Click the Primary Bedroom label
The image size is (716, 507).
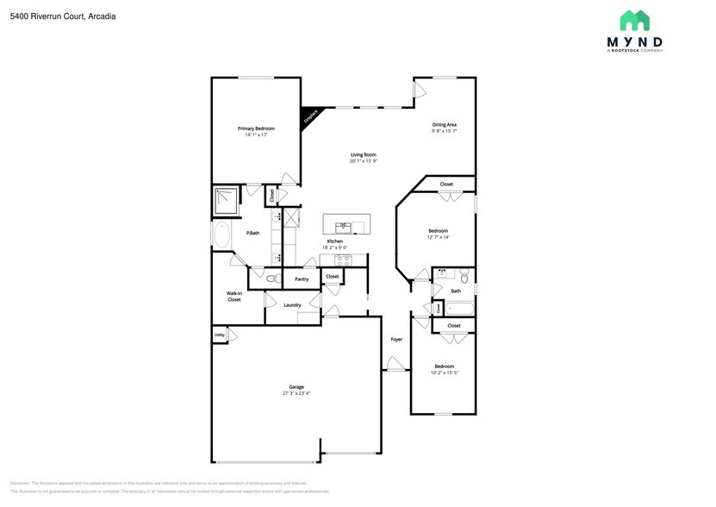click(x=256, y=128)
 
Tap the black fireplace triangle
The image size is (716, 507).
click(x=309, y=116)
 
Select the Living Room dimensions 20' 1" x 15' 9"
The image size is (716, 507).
click(x=363, y=161)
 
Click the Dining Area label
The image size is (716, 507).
click(x=444, y=124)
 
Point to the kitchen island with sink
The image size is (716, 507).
click(x=345, y=225)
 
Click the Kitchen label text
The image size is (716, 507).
click(x=334, y=241)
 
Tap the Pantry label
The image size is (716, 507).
click(x=302, y=279)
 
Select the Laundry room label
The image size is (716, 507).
click(x=292, y=304)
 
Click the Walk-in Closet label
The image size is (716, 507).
click(x=233, y=296)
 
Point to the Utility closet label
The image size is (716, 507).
click(x=219, y=334)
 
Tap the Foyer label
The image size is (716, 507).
click(x=396, y=339)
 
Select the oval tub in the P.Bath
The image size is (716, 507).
click(x=221, y=235)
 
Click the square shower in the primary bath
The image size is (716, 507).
click(x=226, y=201)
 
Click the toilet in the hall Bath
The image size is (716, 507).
click(x=464, y=277)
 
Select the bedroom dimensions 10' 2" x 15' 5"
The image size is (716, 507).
click(x=444, y=372)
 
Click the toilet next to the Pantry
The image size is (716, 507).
click(x=271, y=279)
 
